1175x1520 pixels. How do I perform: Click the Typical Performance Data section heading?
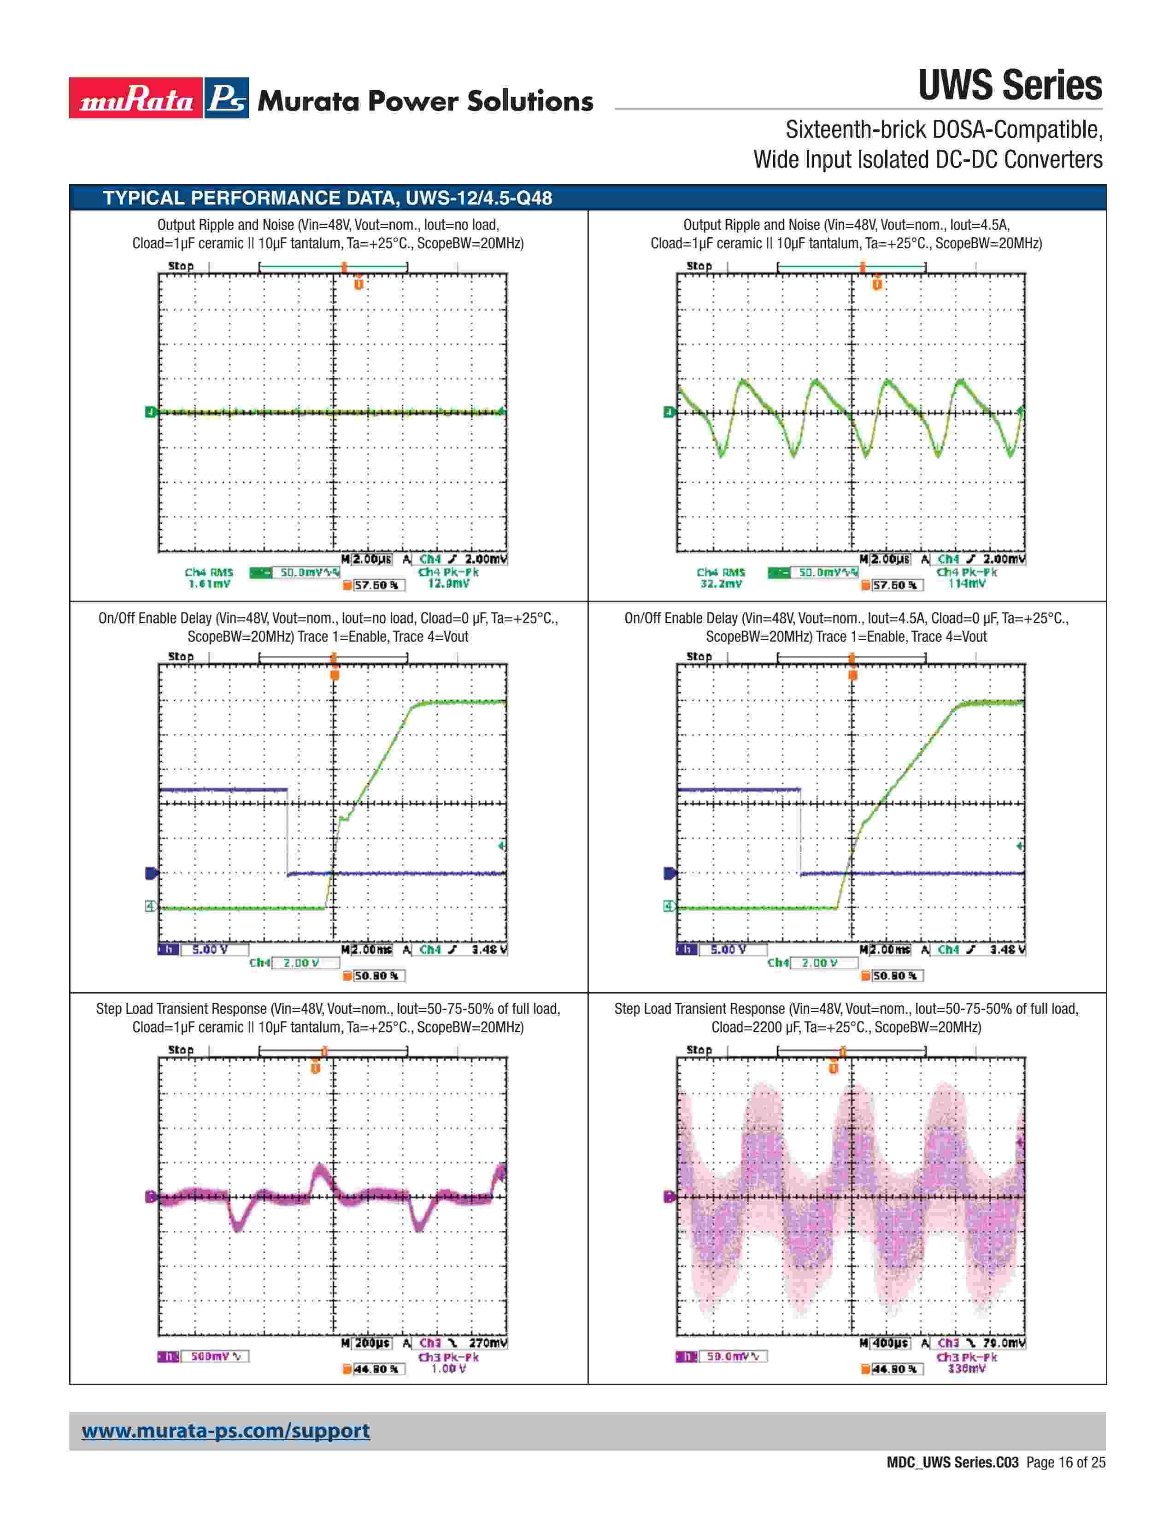(327, 199)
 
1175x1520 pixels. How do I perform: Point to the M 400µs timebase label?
(885, 1343)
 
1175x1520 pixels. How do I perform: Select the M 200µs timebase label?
(367, 1343)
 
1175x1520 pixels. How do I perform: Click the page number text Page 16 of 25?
(1066, 1462)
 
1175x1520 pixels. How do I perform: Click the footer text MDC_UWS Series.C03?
(952, 1462)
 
